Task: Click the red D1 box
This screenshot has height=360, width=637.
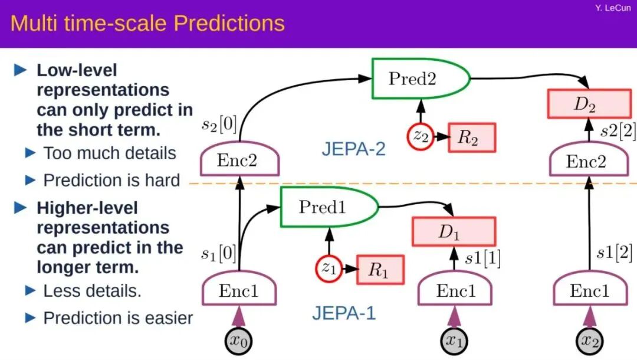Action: (x=453, y=231)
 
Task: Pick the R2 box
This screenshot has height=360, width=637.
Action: (x=471, y=138)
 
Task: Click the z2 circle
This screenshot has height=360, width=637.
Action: (x=421, y=137)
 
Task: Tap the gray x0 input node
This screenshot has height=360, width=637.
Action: (x=239, y=341)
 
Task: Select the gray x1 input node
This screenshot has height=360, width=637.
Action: (x=454, y=341)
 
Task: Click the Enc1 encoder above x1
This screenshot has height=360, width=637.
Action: (x=454, y=290)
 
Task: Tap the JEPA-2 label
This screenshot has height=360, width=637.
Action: (x=353, y=148)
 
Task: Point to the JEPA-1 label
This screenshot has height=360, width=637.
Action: (x=344, y=312)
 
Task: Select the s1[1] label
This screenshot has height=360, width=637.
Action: (x=482, y=258)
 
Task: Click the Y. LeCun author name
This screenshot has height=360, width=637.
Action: (x=615, y=9)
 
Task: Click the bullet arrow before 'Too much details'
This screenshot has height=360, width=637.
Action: (x=31, y=153)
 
